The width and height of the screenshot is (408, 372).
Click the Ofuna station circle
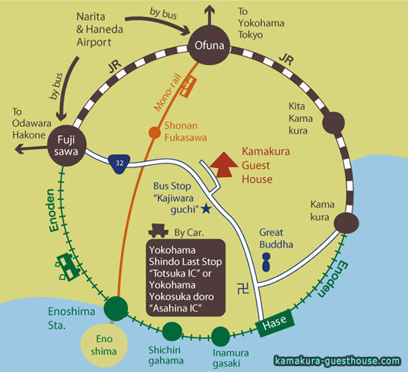pyautogui.click(x=209, y=45)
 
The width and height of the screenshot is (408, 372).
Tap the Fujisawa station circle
pyautogui.click(x=67, y=145)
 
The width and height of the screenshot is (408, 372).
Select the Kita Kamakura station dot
pyautogui.click(x=334, y=123)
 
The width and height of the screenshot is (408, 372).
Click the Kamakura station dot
pyautogui.click(x=347, y=223)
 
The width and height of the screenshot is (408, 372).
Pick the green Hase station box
pyautogui.click(x=275, y=323)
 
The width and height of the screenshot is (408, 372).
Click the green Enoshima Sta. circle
pyautogui.click(x=116, y=308)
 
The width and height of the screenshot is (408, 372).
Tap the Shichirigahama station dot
pyautogui.click(x=172, y=331)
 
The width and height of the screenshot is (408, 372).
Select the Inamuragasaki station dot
pyautogui.click(x=220, y=336)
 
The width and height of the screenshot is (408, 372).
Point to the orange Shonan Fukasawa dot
pyautogui.click(x=154, y=133)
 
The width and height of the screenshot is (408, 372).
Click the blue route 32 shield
pyautogui.click(x=119, y=164)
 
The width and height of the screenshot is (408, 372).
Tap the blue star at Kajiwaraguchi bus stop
pyautogui.click(x=207, y=208)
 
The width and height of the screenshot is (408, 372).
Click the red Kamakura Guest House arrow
pyautogui.click(x=224, y=165)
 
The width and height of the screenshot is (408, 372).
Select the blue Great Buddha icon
pyautogui.click(x=266, y=262)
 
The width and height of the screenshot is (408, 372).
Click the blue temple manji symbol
pyautogui.click(x=243, y=288)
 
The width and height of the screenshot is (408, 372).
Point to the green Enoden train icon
pyautogui.click(x=67, y=267)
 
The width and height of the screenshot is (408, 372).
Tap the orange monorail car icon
pyautogui.click(x=188, y=87)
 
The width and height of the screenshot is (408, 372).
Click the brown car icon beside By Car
pyautogui.click(x=159, y=230)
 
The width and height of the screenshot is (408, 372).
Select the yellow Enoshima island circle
pyautogui.click(x=104, y=345)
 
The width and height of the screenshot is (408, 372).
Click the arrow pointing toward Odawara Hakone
pyautogui.click(x=31, y=149)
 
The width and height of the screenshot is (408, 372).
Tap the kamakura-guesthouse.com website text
pyautogui.click(x=337, y=361)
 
